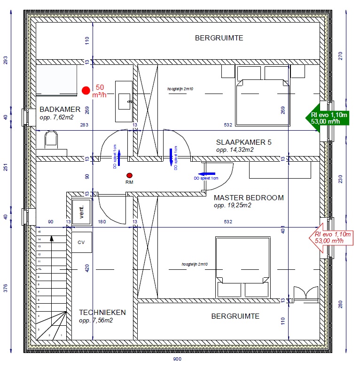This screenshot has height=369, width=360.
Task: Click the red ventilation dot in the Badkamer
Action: [86, 90]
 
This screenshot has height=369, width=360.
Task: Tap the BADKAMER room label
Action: [60, 110]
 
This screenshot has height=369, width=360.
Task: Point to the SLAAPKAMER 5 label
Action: [244, 142]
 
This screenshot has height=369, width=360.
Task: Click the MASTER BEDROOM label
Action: [249, 198]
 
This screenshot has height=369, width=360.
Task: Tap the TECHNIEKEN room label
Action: [102, 312]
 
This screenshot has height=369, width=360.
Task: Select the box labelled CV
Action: [81, 243]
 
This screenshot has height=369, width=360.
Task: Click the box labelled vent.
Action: [81, 209]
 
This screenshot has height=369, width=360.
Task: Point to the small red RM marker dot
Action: [129, 175]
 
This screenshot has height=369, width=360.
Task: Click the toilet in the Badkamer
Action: [51, 140]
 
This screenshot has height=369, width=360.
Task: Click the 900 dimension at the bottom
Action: [177, 359]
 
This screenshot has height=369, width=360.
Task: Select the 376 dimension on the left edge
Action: [6, 288]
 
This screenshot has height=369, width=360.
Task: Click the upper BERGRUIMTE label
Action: [219, 38]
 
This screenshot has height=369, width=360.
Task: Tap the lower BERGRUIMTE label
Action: [235, 316]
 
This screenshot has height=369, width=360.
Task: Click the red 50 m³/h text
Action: [100, 91]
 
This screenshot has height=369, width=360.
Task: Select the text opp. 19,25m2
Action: [233, 205]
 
